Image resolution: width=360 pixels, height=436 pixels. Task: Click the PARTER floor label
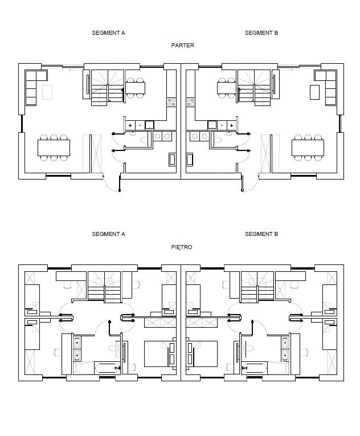click(182, 46)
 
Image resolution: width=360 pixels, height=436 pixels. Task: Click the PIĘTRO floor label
click(182, 247)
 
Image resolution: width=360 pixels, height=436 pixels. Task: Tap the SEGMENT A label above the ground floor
click(108, 33)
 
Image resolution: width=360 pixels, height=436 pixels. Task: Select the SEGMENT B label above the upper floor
click(261, 234)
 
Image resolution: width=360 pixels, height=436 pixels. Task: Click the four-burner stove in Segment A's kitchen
click(171, 102)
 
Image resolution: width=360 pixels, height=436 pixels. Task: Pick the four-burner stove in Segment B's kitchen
click(190, 102)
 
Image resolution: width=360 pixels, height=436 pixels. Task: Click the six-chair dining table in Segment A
click(54, 148)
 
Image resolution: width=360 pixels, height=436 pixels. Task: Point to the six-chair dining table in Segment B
click(308, 148)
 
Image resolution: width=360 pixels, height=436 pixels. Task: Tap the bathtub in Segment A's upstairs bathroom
click(108, 368)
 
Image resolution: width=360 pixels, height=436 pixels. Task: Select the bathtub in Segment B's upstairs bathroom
click(255, 368)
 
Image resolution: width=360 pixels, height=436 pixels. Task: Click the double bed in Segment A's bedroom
click(159, 354)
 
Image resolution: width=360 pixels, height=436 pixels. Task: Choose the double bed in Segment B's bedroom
click(202, 354)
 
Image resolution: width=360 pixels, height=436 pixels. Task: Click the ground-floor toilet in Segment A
click(144, 139)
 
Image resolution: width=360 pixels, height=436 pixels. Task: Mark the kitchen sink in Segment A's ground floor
click(150, 125)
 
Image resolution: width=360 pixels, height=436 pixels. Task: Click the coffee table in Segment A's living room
click(47, 92)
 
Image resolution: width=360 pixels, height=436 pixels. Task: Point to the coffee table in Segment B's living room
click(314, 92)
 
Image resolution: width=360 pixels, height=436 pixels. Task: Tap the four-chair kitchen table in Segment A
click(136, 88)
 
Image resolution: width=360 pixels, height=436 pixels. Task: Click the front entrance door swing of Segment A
click(112, 183)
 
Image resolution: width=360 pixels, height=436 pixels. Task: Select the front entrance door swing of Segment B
click(251, 183)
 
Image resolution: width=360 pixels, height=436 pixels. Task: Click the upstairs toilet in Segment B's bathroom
click(249, 348)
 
